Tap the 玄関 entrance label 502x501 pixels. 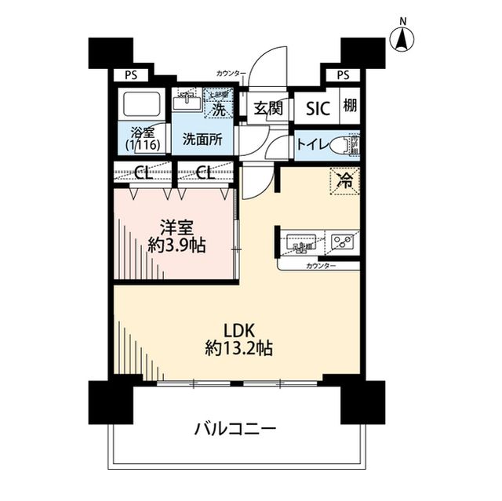click(x=267, y=109)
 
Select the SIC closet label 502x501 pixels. click(x=317, y=109)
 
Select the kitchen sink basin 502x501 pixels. click(x=300, y=242)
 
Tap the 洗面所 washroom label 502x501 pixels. click(x=202, y=140)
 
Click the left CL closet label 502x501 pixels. click(x=143, y=172)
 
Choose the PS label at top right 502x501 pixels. click(x=342, y=75)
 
